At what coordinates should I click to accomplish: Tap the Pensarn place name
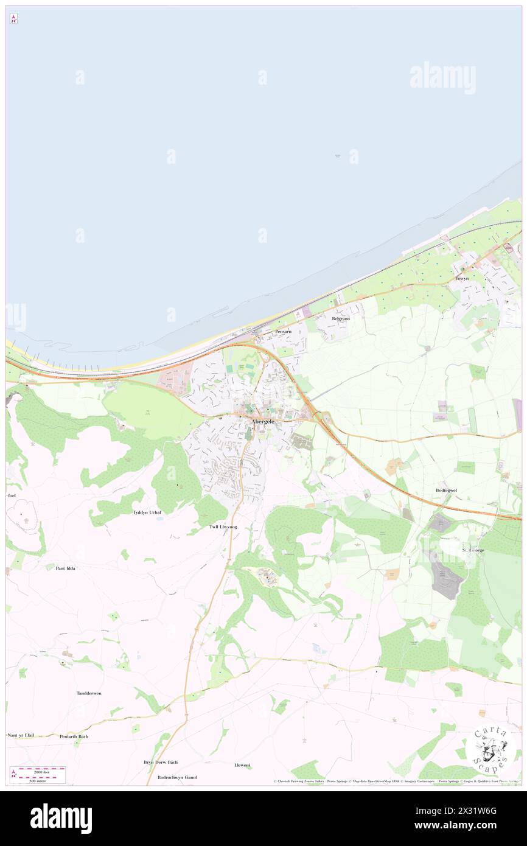283,331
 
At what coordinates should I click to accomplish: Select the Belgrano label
340,318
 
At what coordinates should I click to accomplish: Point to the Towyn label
462,278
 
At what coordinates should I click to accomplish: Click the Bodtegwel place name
446,490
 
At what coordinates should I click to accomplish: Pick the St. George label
472,550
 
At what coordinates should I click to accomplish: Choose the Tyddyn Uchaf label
147,512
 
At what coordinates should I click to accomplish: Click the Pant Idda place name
65,568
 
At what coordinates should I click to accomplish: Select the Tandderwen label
89,693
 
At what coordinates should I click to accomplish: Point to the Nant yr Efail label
21,735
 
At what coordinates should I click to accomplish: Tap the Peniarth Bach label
74,736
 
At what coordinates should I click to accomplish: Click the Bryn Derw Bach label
161,762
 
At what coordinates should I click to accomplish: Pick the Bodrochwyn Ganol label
177,777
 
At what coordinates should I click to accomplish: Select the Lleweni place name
242,764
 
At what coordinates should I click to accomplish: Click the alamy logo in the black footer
61,818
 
